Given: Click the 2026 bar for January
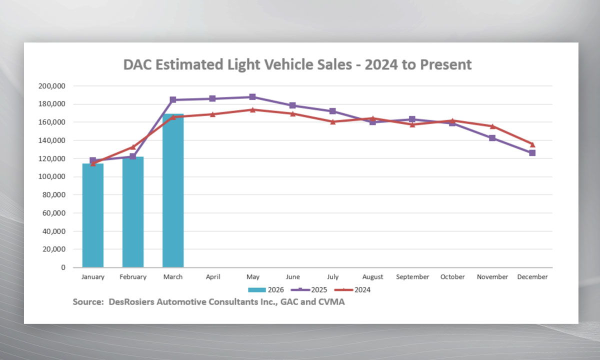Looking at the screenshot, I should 93,215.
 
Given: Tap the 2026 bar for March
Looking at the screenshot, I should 173,190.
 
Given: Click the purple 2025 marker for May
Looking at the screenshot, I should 252,97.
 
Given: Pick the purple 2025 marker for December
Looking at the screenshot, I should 532,153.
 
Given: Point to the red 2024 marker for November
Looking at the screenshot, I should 492,126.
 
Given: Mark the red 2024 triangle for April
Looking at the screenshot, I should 212,114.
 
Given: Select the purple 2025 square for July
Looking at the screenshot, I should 332,111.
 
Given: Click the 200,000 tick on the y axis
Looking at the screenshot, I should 52,86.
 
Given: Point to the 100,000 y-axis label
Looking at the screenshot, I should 52,177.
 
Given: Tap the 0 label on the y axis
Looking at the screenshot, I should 63,267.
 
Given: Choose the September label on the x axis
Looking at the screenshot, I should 412,277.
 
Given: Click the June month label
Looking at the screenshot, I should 292,277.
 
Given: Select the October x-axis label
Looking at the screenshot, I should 452,277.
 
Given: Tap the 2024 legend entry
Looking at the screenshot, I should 352,289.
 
